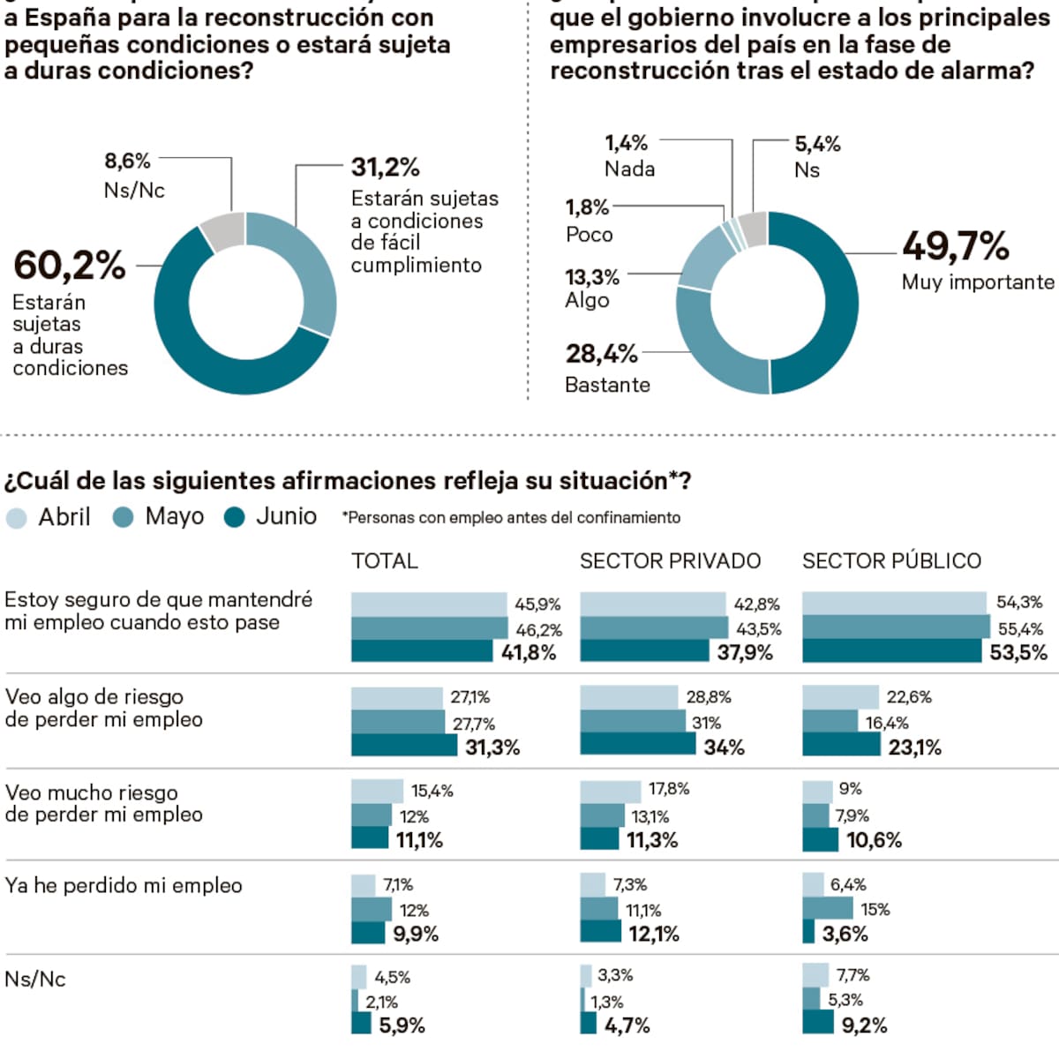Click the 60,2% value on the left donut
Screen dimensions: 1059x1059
click(x=70, y=266)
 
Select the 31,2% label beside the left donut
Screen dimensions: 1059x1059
click(x=385, y=168)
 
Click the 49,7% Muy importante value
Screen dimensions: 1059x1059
click(x=955, y=246)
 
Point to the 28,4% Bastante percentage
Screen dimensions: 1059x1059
click(x=601, y=354)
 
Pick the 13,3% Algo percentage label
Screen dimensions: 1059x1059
click(x=592, y=277)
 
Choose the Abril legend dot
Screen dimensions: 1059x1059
click(x=16, y=518)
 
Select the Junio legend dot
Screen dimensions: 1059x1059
click(x=235, y=518)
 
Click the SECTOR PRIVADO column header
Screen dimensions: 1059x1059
click(x=670, y=561)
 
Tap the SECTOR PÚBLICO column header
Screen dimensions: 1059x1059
click(x=891, y=561)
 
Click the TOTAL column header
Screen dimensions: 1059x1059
click(x=385, y=561)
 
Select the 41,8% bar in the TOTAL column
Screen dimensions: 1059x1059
click(x=422, y=652)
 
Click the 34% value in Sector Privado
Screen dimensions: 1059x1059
click(x=725, y=747)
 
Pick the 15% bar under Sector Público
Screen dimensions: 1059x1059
click(x=828, y=908)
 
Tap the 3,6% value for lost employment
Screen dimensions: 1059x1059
click(x=845, y=934)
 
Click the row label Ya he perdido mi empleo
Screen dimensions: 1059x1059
click(x=124, y=886)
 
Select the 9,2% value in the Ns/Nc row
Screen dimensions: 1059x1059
click(x=864, y=1025)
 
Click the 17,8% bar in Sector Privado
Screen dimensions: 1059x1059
click(x=611, y=790)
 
